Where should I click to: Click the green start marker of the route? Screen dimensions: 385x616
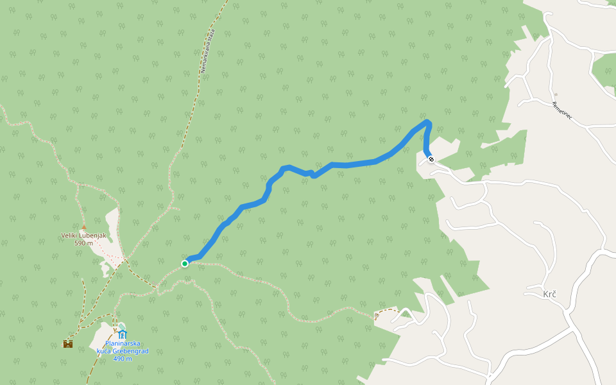pos(185,263)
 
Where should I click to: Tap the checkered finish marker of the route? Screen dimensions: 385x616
pos(431,159)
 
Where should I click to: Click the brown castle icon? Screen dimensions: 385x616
pos(67,343)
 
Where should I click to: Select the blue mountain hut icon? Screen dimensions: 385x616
pos(122,334)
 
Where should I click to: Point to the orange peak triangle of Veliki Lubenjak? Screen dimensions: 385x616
pos(83,227)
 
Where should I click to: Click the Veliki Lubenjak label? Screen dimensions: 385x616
pos(83,235)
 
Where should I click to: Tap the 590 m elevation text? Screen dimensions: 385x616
pos(84,243)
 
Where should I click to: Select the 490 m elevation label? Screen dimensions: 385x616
pos(123,359)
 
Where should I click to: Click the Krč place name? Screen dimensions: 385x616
pos(549,294)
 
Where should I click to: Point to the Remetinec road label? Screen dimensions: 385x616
pos(562,113)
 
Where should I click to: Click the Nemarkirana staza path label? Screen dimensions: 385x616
pos(207,50)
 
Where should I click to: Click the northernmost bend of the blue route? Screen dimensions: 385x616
pos(427,121)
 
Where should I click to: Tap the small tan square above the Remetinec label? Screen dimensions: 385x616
pos(556,94)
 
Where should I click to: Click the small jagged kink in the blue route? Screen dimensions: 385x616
pos(312,173)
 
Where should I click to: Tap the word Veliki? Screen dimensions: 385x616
pos(70,235)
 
